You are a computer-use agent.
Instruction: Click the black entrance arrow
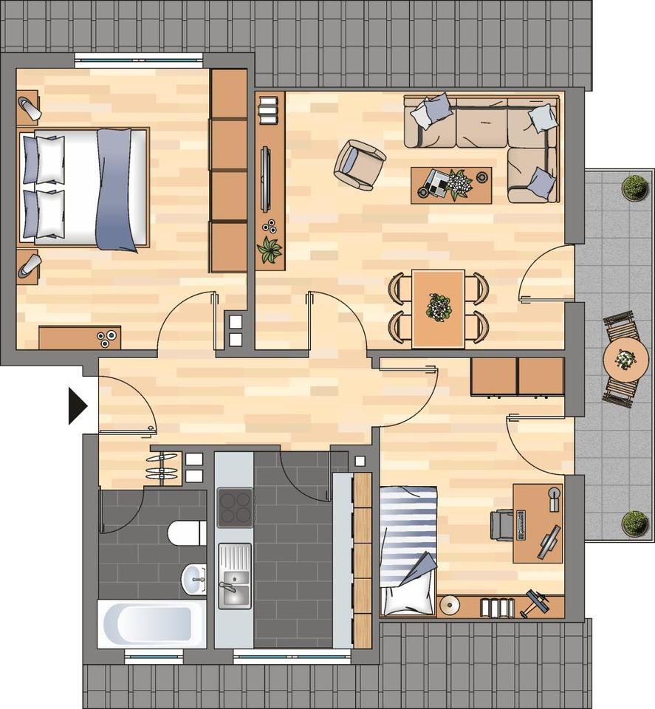pyautogui.click(x=77, y=405)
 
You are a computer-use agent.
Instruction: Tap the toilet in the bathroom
pyautogui.click(x=186, y=532)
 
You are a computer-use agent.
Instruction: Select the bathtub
pyautogui.click(x=152, y=623)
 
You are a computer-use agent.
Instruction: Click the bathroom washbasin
pyautogui.click(x=194, y=579)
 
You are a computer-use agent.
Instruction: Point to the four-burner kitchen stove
pyautogui.click(x=234, y=507)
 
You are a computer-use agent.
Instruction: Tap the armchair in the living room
pyautogui.click(x=359, y=164)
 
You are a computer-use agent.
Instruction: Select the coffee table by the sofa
pyautogui.click(x=450, y=185)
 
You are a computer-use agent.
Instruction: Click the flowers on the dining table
pyautogui.click(x=439, y=306)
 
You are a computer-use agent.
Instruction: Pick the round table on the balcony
pyautogui.click(x=625, y=360)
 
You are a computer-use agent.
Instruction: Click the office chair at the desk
pyautogui.click(x=503, y=524)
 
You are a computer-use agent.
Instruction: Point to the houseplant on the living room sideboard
pyautogui.click(x=270, y=250)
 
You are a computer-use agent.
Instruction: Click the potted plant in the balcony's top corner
pyautogui.click(x=634, y=188)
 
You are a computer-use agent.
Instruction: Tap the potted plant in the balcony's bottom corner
pyautogui.click(x=634, y=523)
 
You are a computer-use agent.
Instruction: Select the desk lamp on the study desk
pyautogui.click(x=553, y=498)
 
